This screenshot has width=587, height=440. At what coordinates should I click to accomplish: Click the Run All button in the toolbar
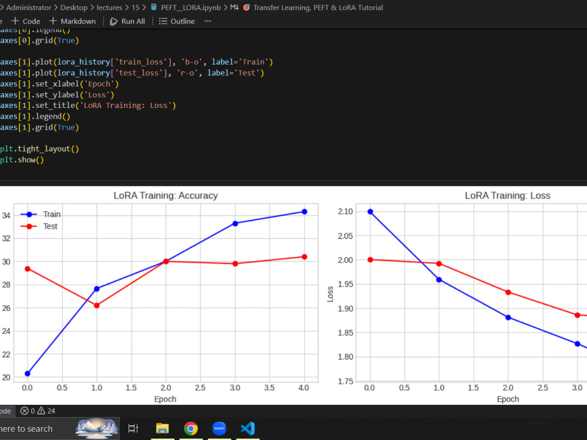click(127, 21)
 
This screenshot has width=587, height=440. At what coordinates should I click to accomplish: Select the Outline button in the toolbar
click(177, 21)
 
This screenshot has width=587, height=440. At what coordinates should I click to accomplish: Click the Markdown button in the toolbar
click(73, 21)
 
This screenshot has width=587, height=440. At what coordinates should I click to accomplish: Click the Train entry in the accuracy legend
click(41, 214)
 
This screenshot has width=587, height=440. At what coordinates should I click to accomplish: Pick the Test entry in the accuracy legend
click(39, 226)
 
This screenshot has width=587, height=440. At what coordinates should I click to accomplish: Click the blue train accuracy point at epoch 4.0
click(304, 212)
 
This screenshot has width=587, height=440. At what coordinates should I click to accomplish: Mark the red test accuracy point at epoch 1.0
click(97, 306)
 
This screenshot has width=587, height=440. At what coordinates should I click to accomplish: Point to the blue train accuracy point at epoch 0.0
click(28, 373)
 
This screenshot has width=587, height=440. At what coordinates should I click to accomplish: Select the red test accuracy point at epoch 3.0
click(235, 264)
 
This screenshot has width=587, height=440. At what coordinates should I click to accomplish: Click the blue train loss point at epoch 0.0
click(370, 212)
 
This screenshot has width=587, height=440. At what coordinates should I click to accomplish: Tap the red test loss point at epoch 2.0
click(508, 292)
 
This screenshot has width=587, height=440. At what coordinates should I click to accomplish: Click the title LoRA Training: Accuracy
click(166, 196)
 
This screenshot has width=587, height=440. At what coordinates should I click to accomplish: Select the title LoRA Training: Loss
click(508, 196)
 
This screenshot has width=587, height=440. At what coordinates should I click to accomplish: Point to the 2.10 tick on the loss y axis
click(345, 212)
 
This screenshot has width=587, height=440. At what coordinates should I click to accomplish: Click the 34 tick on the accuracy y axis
click(6, 215)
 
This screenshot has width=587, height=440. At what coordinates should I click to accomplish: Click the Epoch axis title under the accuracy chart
click(165, 399)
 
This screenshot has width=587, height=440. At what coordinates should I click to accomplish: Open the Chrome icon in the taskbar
click(191, 428)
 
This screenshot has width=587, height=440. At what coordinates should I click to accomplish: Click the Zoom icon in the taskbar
click(219, 428)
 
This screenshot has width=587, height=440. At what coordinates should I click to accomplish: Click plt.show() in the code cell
click(22, 160)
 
